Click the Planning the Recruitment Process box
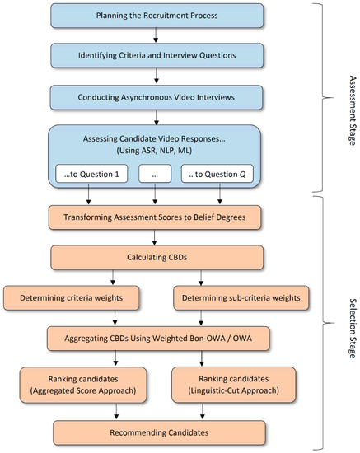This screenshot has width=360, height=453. coord(157,14)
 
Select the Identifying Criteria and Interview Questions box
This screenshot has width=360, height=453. coord(157,55)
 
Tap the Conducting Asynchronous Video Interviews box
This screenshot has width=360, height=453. coord(157,98)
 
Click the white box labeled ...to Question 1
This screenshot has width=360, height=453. coord(90,175)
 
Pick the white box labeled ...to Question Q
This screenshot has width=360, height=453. coord(219,175)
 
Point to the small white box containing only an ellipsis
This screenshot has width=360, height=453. coord(155,175)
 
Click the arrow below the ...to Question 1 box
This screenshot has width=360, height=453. coord(90,198)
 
